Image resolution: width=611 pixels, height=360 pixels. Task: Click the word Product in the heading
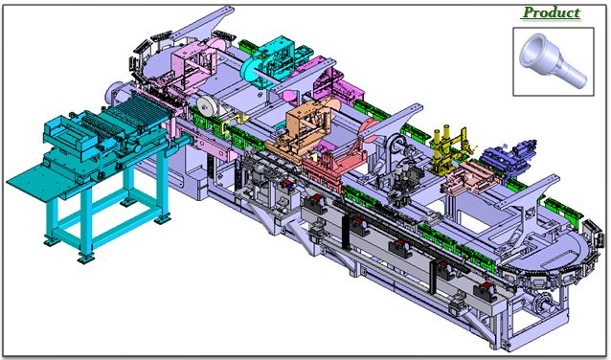[552, 12]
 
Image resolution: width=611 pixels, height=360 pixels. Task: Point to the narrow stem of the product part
[574, 76]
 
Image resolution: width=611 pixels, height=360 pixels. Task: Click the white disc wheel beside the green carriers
[206, 106]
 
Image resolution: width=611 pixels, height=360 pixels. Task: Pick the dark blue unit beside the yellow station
[508, 156]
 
